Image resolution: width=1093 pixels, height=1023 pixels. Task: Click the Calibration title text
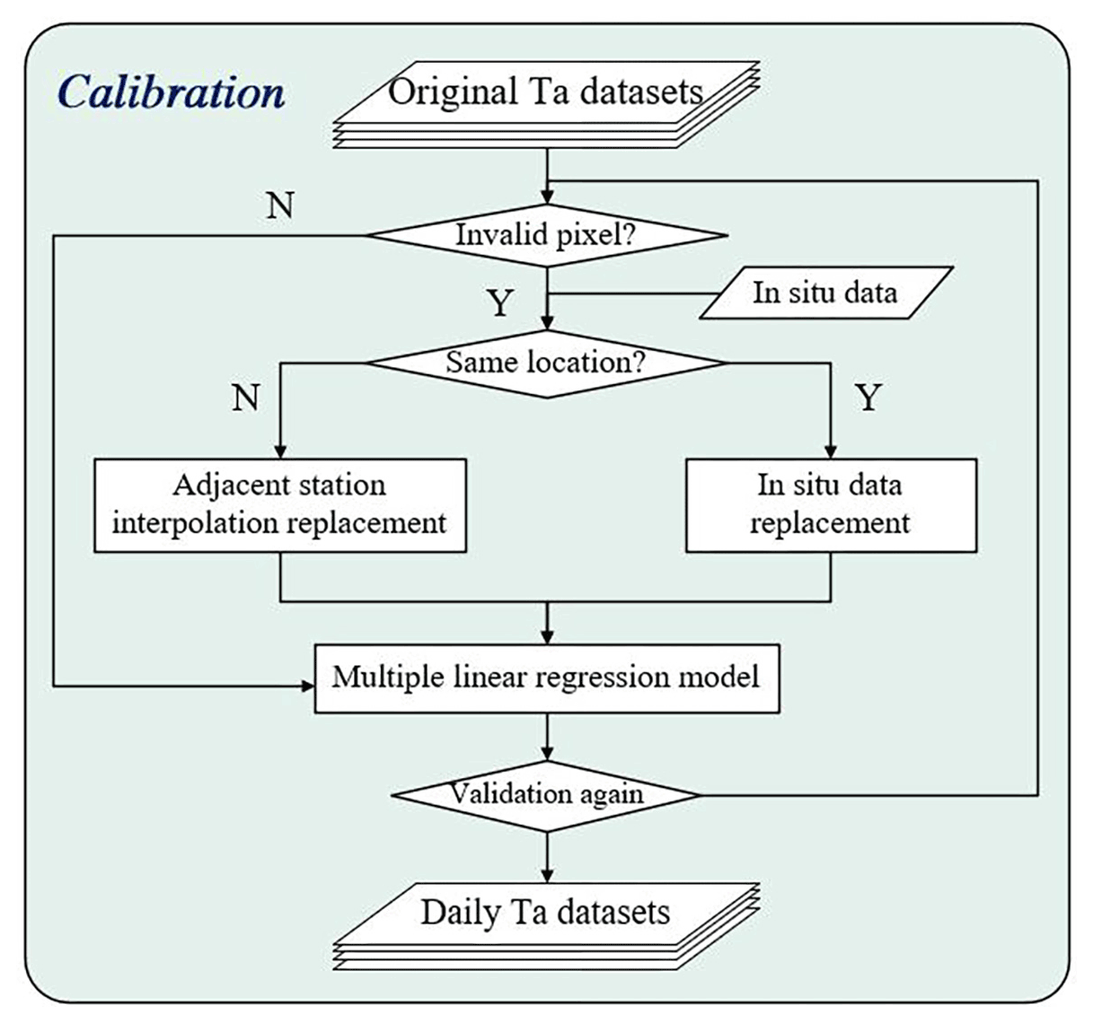coord(171,92)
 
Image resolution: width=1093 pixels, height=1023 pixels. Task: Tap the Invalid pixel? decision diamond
coord(546,235)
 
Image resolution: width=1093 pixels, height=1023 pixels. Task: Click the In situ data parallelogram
coord(824,293)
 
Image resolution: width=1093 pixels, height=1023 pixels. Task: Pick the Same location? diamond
coord(546,363)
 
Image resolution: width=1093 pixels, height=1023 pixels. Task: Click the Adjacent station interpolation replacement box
coord(280,505)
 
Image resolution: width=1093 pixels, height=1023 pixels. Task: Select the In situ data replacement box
coord(831,505)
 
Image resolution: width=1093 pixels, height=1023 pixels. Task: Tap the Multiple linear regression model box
coord(546,678)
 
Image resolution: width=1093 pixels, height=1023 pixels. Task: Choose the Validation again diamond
coord(546,794)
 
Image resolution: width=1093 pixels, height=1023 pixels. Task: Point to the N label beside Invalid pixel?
coord(280,205)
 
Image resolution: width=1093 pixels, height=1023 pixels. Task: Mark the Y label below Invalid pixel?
coord(500,303)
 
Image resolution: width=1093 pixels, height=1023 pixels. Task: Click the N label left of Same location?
coord(245,396)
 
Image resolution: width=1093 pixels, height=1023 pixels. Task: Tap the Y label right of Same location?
coord(868,396)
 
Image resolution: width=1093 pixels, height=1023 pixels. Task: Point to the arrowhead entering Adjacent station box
coord(280,451)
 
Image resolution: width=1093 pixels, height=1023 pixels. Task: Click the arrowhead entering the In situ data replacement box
coord(831,451)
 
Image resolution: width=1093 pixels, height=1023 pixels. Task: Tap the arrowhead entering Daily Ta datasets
coord(547,875)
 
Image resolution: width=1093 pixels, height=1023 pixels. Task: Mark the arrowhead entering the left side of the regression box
coord(306,686)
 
